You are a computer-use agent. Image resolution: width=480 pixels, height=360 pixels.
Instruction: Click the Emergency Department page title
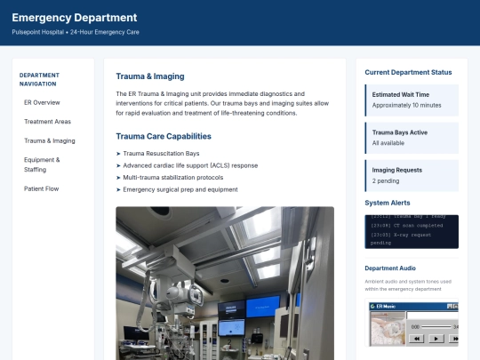coord(74,17)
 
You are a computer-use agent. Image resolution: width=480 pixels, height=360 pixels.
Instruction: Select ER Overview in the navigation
coord(42,102)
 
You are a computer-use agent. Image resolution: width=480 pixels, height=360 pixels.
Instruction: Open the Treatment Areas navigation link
coord(47,122)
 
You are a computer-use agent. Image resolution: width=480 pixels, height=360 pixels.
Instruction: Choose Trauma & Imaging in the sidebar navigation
coord(49,140)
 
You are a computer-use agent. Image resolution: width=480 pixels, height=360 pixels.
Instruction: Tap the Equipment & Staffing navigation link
coord(42,164)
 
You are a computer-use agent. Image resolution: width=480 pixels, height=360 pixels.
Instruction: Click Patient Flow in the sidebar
coord(42,188)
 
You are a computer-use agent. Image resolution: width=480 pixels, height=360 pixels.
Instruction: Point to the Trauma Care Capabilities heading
coord(164,136)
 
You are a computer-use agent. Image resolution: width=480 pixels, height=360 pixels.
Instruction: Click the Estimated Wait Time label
coord(400,94)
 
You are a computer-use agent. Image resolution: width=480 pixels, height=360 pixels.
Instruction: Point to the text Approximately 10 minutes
coord(406,105)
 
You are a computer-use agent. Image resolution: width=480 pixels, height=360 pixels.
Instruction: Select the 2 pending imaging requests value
coord(386,180)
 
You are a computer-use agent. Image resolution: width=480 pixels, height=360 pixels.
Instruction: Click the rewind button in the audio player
coord(415,338)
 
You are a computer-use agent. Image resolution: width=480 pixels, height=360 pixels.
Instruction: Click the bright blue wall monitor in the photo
coord(263,307)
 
